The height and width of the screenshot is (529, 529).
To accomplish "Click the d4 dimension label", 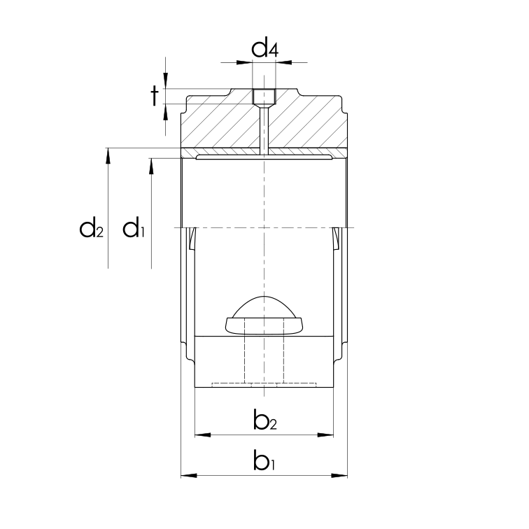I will pos(264,49).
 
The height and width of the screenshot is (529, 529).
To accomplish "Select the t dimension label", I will pos(154,96).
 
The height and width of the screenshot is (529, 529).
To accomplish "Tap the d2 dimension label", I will pos(92,228).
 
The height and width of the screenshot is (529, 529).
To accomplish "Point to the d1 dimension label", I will pos(134,228).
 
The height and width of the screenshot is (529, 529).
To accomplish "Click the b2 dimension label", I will pos(264,421).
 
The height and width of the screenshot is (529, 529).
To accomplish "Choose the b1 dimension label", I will pos(264,462).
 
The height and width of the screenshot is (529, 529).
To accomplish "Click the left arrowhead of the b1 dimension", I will pos(186,476).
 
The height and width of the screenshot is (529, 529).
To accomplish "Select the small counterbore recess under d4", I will pos(264,96).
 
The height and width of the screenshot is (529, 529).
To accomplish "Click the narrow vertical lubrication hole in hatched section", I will pos(264,129).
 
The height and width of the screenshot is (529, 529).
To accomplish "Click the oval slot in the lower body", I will pos(264,325).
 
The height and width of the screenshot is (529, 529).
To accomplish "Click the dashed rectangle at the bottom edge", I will pos(264,384).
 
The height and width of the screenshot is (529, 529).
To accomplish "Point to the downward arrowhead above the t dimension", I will pos(166,83).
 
